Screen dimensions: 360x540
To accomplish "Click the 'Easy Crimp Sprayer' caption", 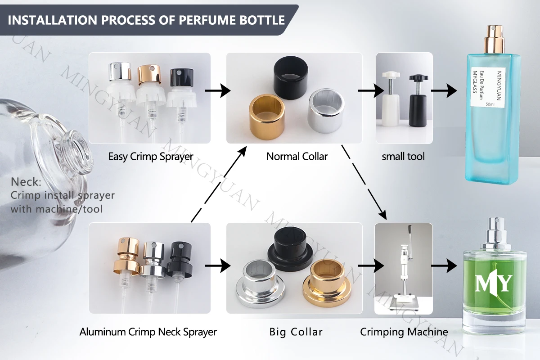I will tap(150, 157).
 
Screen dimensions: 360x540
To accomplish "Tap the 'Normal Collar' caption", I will tap(297, 157).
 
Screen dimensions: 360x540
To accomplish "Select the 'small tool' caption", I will tap(403, 157).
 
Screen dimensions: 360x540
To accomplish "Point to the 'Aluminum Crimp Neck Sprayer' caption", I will tap(148, 332).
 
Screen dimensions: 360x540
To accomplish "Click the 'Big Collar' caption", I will tap(296, 332).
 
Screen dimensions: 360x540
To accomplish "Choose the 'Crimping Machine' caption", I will tap(404, 332).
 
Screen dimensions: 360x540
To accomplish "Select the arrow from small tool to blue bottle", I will tap(444, 91).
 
